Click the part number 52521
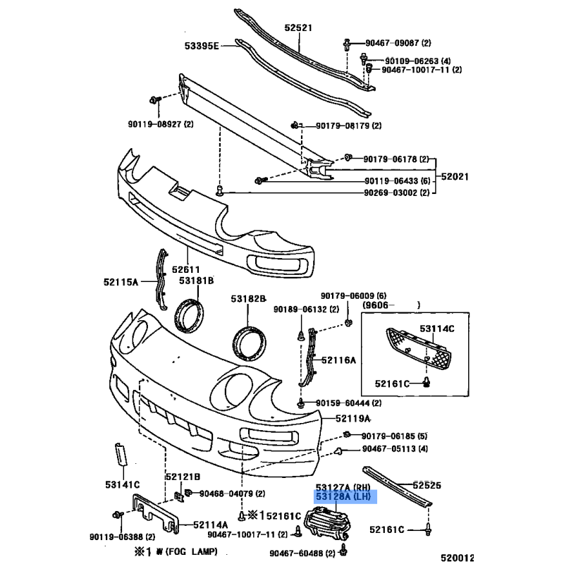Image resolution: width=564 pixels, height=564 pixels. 298,29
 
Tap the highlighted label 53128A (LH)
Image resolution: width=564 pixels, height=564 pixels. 345,498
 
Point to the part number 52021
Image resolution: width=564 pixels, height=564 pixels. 455,176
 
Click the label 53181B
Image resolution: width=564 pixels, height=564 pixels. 195,281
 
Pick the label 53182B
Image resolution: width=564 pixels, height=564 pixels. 247,299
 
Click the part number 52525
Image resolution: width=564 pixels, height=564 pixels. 427,485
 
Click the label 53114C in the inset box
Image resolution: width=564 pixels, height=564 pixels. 437,329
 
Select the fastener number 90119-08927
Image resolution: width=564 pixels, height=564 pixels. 155,125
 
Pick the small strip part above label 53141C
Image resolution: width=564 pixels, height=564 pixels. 119,455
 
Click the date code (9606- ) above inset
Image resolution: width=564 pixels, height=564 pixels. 391,306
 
